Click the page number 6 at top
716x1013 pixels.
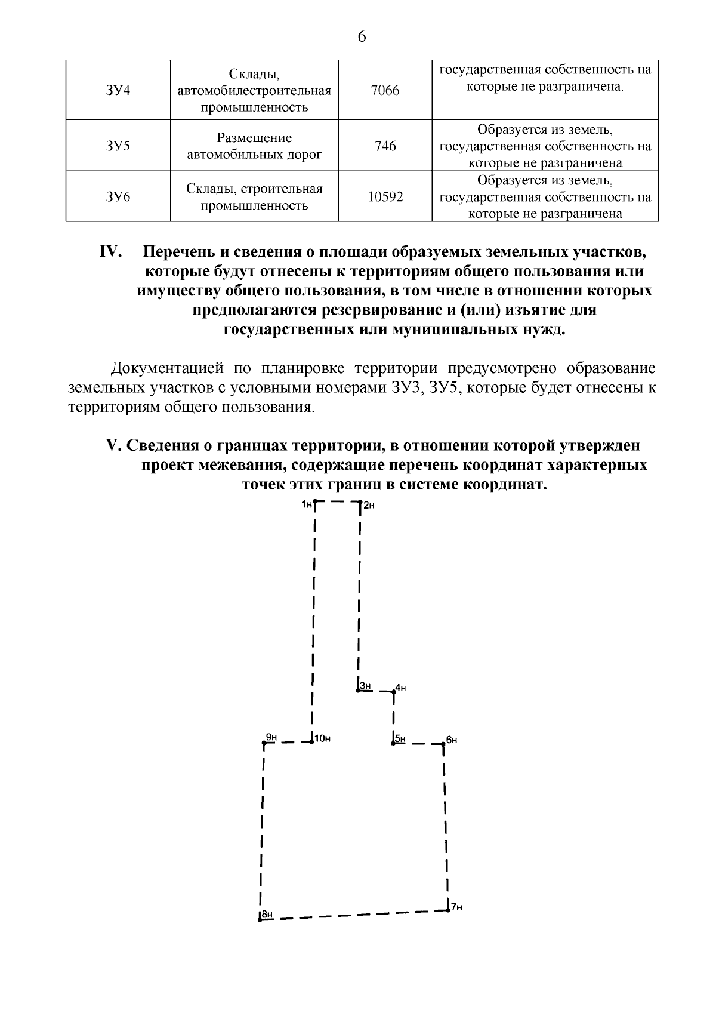pos(362,37)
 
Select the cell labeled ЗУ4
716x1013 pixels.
pos(118,91)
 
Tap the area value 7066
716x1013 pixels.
pos(385,91)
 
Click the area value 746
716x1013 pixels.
pos(385,146)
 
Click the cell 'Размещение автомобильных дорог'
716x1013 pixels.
pos(254,146)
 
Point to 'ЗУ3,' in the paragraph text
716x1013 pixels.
pos(407,387)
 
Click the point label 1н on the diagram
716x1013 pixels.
pos(307,505)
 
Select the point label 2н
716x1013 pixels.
pos(369,506)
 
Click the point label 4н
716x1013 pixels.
pos(400,688)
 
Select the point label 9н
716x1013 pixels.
pos(271,738)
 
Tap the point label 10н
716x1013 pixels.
pos(322,738)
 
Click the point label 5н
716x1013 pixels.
pos(400,739)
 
